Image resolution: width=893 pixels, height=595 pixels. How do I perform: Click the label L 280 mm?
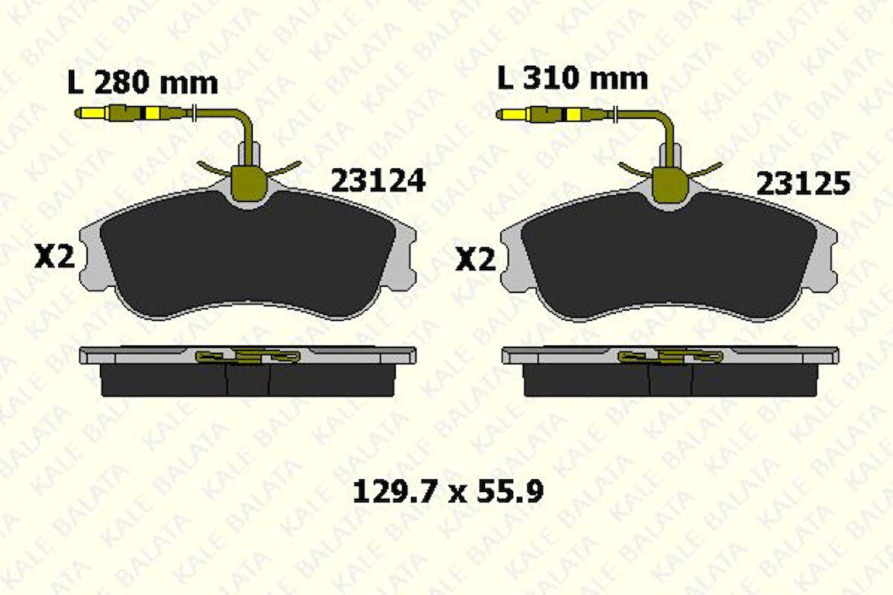142,83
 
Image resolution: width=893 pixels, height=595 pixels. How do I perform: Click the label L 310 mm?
572,78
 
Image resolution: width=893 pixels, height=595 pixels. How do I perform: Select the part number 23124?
378,181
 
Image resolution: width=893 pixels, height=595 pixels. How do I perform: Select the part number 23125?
803,184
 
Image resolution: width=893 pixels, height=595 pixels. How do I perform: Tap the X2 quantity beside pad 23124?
54,258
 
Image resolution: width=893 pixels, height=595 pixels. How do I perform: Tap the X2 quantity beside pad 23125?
475,260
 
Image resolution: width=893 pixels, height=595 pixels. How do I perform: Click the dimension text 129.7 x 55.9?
448,494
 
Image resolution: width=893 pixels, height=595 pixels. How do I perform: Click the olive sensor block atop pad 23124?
247,182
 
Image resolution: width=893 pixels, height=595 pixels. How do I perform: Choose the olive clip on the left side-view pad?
247,356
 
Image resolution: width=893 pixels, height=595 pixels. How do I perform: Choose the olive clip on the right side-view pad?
669,356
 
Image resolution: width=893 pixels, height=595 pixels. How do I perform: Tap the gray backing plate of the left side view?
136,354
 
